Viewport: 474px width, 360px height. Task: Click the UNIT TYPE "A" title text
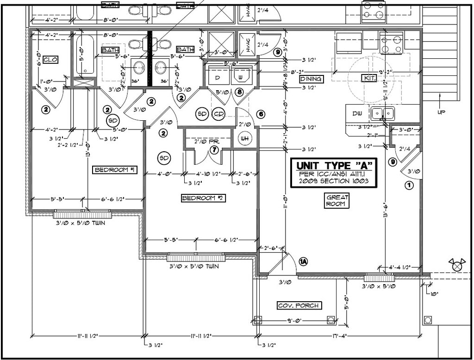coord(334,165)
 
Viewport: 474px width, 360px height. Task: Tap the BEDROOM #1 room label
coord(114,170)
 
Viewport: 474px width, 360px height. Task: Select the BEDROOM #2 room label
coord(202,198)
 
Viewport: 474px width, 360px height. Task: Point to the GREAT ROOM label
coord(337,200)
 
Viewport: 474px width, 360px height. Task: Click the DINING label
coord(311,79)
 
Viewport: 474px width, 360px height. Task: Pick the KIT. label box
coord(369,79)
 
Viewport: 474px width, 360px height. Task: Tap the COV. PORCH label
coord(299,305)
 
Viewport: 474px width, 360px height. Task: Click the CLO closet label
coord(50,60)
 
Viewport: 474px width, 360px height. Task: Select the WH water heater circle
coord(244,138)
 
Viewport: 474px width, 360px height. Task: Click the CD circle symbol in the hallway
coord(218,113)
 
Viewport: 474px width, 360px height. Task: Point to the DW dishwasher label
coord(357,113)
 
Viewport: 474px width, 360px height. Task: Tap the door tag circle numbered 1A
coord(303,261)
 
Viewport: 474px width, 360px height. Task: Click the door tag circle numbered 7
coord(214,149)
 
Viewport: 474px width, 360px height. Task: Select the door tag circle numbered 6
coord(261,114)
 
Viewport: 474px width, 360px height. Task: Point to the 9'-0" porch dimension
coord(294,320)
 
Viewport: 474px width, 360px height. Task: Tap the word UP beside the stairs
coord(441,112)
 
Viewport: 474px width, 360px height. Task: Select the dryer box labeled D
coord(217,77)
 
